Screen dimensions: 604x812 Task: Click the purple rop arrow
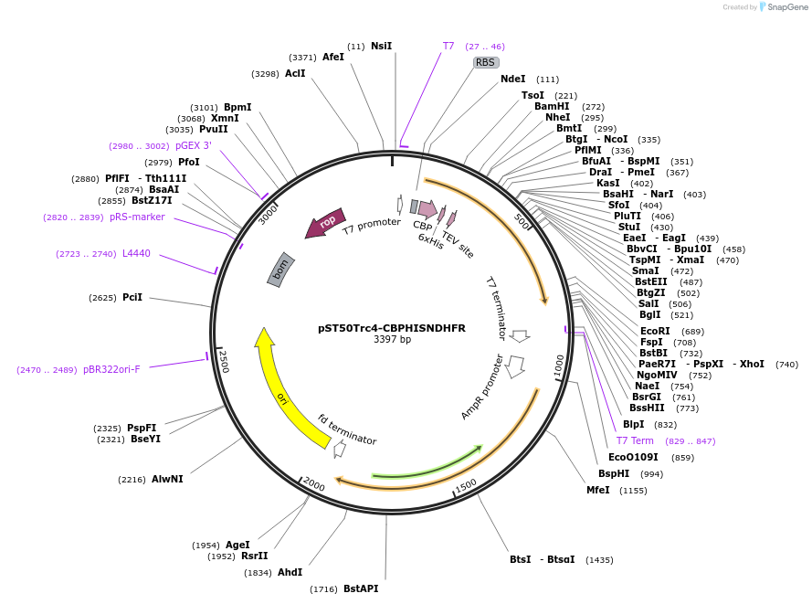(x=326, y=222)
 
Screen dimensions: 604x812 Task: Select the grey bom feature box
(x=281, y=269)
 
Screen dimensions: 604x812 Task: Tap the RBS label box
(x=485, y=63)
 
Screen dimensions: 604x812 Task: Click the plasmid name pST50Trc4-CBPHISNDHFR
(x=392, y=328)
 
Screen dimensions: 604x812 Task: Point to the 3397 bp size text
(x=392, y=340)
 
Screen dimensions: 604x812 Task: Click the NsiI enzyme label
(x=381, y=46)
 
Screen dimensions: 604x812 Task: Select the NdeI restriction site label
(x=512, y=79)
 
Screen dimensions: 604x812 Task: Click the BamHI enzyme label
(x=552, y=107)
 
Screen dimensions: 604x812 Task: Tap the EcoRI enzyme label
(x=655, y=331)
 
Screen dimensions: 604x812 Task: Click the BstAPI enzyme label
(x=361, y=589)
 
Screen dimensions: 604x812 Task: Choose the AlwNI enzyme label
(x=167, y=479)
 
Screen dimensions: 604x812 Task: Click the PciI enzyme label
(x=132, y=297)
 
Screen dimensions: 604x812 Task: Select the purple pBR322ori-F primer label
(x=111, y=370)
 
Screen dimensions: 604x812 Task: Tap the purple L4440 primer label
(x=136, y=253)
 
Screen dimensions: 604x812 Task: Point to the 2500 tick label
(x=222, y=360)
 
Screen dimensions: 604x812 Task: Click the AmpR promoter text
(x=482, y=387)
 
